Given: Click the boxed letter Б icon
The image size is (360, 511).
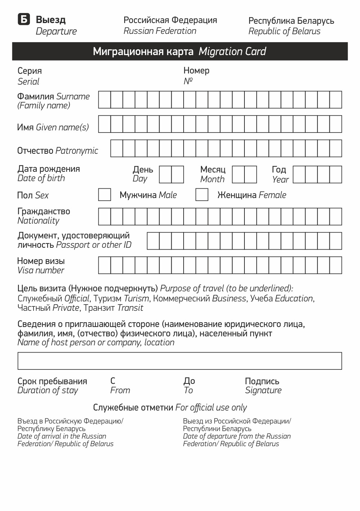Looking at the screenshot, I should click(x=24, y=19).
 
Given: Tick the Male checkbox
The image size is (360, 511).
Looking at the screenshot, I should click(x=104, y=195).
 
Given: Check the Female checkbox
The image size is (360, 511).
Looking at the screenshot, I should click(x=202, y=195).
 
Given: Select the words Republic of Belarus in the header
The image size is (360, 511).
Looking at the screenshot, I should click(x=284, y=31).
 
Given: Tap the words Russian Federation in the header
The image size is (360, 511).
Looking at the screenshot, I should click(x=160, y=31).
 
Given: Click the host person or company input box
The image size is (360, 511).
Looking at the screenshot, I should click(x=179, y=361).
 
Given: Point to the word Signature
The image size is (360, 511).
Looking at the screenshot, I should click(x=263, y=390).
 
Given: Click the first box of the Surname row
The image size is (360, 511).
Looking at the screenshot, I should click(x=104, y=100).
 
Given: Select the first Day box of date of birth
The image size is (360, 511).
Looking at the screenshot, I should click(x=165, y=175).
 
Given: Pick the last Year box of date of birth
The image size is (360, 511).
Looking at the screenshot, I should click(x=336, y=175).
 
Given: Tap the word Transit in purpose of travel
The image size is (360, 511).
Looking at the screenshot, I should click(x=130, y=308).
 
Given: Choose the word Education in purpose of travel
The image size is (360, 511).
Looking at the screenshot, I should click(x=294, y=299).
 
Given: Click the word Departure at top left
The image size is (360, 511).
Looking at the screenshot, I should click(x=56, y=31).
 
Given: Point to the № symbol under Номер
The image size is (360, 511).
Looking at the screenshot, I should click(x=188, y=81).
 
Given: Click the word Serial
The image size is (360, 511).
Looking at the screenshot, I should click(x=28, y=81).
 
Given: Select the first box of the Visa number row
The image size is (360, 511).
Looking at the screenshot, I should click(x=104, y=265).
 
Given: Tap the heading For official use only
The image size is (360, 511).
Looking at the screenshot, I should click(x=211, y=408).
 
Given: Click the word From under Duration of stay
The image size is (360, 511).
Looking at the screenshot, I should click(x=120, y=390).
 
